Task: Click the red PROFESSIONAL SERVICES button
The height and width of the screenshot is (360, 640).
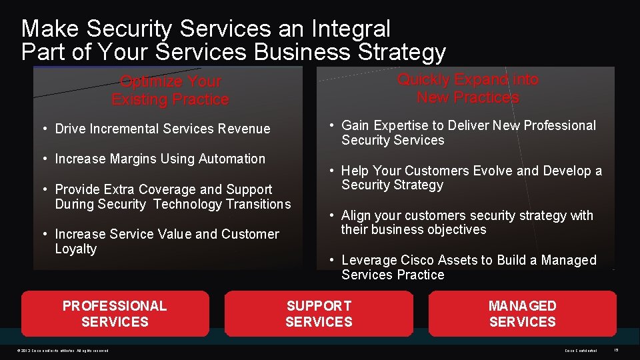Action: coord(115,313)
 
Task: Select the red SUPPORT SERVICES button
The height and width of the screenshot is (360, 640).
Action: coord(319,313)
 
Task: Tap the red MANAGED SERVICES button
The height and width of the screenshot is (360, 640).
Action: coord(522,313)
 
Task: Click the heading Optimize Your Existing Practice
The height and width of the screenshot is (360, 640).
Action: coord(170,91)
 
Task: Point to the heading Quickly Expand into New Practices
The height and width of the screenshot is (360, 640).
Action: coord(467,89)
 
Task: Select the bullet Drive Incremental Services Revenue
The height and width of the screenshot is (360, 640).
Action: coord(162,129)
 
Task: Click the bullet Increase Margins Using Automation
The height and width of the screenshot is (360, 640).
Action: coord(160,159)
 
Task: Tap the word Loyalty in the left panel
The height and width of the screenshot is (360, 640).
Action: coord(76,249)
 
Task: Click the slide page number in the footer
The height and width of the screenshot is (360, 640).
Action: coord(616,351)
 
